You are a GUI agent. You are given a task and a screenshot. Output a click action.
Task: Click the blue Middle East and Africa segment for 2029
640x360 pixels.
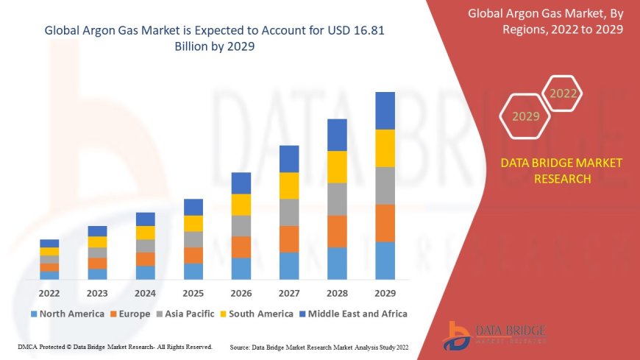[x=385, y=110]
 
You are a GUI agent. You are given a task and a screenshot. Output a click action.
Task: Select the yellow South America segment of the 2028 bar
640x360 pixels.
[x=337, y=166]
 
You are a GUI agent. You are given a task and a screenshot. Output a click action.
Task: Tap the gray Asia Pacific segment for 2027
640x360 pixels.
[x=289, y=212]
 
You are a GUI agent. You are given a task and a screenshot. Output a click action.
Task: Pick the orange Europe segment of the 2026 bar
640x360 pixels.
[x=241, y=247]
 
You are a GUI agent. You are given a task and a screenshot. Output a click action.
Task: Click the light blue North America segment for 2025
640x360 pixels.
[x=193, y=271]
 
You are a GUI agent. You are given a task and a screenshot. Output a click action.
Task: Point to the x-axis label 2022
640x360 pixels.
[x=49, y=292]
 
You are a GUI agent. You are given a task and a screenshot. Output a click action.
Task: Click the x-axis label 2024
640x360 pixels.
[x=145, y=292]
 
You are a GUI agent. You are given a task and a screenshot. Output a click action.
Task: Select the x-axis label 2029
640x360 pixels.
[x=385, y=292]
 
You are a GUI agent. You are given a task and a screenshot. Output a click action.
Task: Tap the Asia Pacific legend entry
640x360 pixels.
[x=187, y=314]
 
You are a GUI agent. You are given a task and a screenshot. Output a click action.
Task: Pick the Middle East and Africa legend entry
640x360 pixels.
[x=352, y=314]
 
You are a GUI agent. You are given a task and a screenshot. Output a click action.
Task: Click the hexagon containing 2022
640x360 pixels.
[x=563, y=93]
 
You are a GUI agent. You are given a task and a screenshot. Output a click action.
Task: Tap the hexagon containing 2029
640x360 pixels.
[x=526, y=116]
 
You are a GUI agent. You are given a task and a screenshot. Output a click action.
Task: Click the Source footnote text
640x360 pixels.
[x=319, y=347]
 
